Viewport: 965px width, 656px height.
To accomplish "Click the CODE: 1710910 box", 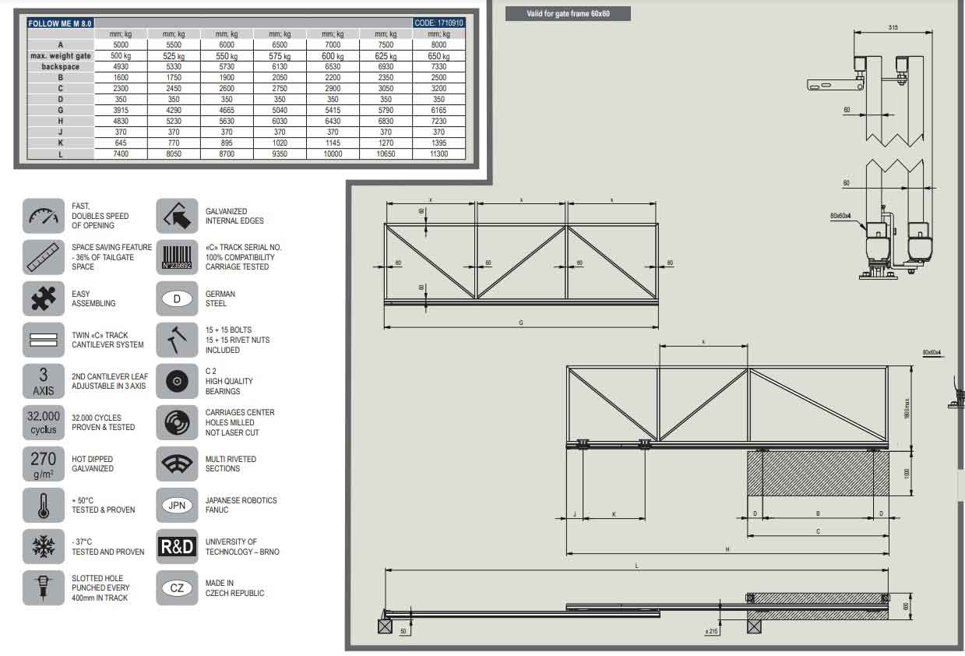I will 439,23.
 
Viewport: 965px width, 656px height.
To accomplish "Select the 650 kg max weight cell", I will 439,56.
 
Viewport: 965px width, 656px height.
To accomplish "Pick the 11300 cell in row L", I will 439,154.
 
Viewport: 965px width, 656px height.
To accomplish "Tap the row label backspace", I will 61,67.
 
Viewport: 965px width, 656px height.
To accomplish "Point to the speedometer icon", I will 44,216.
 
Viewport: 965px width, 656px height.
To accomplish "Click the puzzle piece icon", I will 44,298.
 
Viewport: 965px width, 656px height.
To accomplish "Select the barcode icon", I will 178,257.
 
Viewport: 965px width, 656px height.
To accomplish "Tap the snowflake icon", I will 44,546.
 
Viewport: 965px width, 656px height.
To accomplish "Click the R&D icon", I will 178,546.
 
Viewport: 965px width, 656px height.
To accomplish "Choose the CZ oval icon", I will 178,587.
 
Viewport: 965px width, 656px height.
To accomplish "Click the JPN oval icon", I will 178,505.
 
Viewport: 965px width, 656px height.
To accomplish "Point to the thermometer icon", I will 44,505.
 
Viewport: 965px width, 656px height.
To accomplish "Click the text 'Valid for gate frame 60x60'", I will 568,13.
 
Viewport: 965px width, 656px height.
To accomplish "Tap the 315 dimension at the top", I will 893,28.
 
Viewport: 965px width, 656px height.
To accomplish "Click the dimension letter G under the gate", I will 521,323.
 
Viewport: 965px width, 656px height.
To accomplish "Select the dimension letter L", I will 636,566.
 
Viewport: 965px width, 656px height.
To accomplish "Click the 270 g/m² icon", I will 44,464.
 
